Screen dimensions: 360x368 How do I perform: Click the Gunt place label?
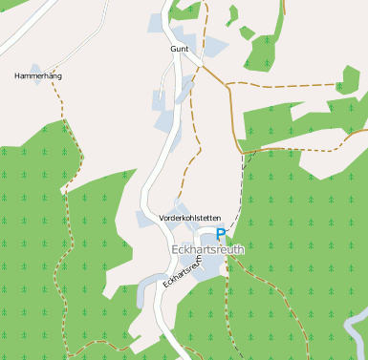[179, 49]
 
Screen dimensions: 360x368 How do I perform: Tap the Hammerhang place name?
[38, 74]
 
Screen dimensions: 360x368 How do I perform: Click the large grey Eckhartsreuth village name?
[207, 248]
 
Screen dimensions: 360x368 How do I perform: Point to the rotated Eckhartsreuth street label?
[183, 271]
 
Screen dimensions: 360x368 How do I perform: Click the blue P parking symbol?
[221, 234]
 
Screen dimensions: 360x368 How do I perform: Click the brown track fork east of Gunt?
[229, 86]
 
